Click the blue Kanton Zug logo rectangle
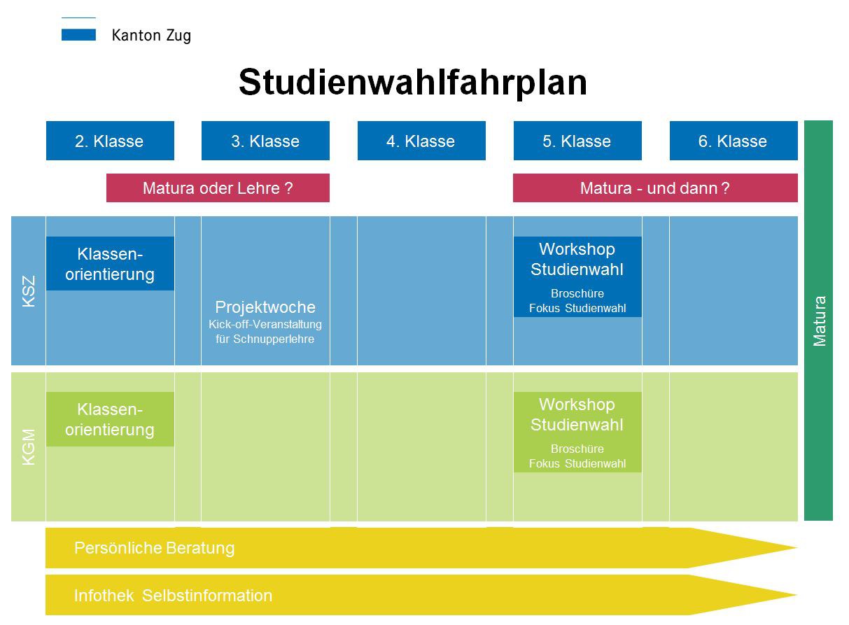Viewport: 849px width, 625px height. [x=78, y=34]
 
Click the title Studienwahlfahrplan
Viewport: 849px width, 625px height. [x=412, y=83]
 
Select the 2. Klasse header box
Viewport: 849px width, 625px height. [x=110, y=141]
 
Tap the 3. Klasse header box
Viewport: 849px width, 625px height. [x=265, y=141]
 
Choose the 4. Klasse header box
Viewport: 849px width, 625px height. [x=421, y=141]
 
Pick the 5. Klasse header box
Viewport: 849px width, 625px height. [x=577, y=141]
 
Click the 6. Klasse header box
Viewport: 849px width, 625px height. [x=734, y=141]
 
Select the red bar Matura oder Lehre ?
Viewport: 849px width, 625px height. [x=218, y=188]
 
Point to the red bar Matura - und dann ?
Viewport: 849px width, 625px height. [x=655, y=188]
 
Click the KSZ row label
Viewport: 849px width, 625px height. [x=29, y=290]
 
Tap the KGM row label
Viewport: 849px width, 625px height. [x=29, y=447]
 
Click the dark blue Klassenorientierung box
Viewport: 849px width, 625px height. [x=110, y=264]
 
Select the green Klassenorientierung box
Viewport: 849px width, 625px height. [x=110, y=419]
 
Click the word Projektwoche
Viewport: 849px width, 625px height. [x=265, y=307]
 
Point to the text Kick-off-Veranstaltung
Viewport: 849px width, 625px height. [x=265, y=324]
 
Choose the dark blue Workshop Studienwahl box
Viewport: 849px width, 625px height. [x=577, y=276]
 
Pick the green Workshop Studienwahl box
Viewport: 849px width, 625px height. [x=577, y=432]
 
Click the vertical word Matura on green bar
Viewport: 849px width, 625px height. [x=819, y=321]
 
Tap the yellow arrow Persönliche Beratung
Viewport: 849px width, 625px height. [x=155, y=547]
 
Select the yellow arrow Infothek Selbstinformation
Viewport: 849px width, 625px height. [x=174, y=596]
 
